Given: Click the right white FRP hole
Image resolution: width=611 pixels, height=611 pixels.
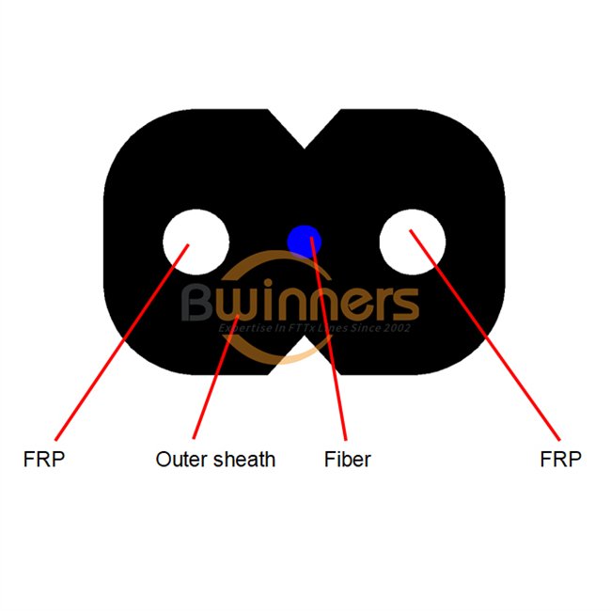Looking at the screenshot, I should click(x=412, y=239).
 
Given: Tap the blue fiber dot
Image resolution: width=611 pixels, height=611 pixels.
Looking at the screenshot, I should click(x=304, y=240).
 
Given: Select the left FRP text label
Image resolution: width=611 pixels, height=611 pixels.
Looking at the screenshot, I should click(x=45, y=460).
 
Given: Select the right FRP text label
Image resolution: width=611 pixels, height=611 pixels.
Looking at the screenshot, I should click(x=561, y=460).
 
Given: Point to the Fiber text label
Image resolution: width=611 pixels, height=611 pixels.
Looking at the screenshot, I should click(x=347, y=460).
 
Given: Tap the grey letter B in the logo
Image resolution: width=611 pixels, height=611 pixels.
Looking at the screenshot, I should click(x=200, y=303).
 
